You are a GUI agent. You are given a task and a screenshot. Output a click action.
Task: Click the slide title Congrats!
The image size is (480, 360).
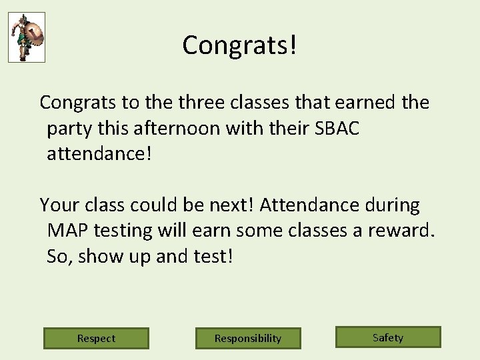pyautogui.click(x=239, y=45)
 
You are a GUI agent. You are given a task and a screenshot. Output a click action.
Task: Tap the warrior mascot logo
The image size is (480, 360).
pyautogui.click(x=27, y=37)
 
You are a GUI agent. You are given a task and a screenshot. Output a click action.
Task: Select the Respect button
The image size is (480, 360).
pyautogui.click(x=96, y=338)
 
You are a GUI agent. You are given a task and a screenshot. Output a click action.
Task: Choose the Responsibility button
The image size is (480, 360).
pyautogui.click(x=248, y=338)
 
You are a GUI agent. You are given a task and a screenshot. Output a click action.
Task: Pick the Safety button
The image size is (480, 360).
pyautogui.click(x=388, y=337)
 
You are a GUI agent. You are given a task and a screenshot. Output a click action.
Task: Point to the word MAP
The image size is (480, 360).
pyautogui.click(x=68, y=231)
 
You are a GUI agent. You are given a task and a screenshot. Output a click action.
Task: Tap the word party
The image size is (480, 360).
pyautogui.click(x=69, y=129)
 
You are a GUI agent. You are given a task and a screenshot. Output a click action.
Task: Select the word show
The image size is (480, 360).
pyautogui.click(x=100, y=256)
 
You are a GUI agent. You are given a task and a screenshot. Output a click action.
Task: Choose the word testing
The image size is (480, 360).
pyautogui.click(x=123, y=231)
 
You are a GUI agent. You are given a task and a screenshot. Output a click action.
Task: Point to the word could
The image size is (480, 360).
pyautogui.click(x=155, y=205)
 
